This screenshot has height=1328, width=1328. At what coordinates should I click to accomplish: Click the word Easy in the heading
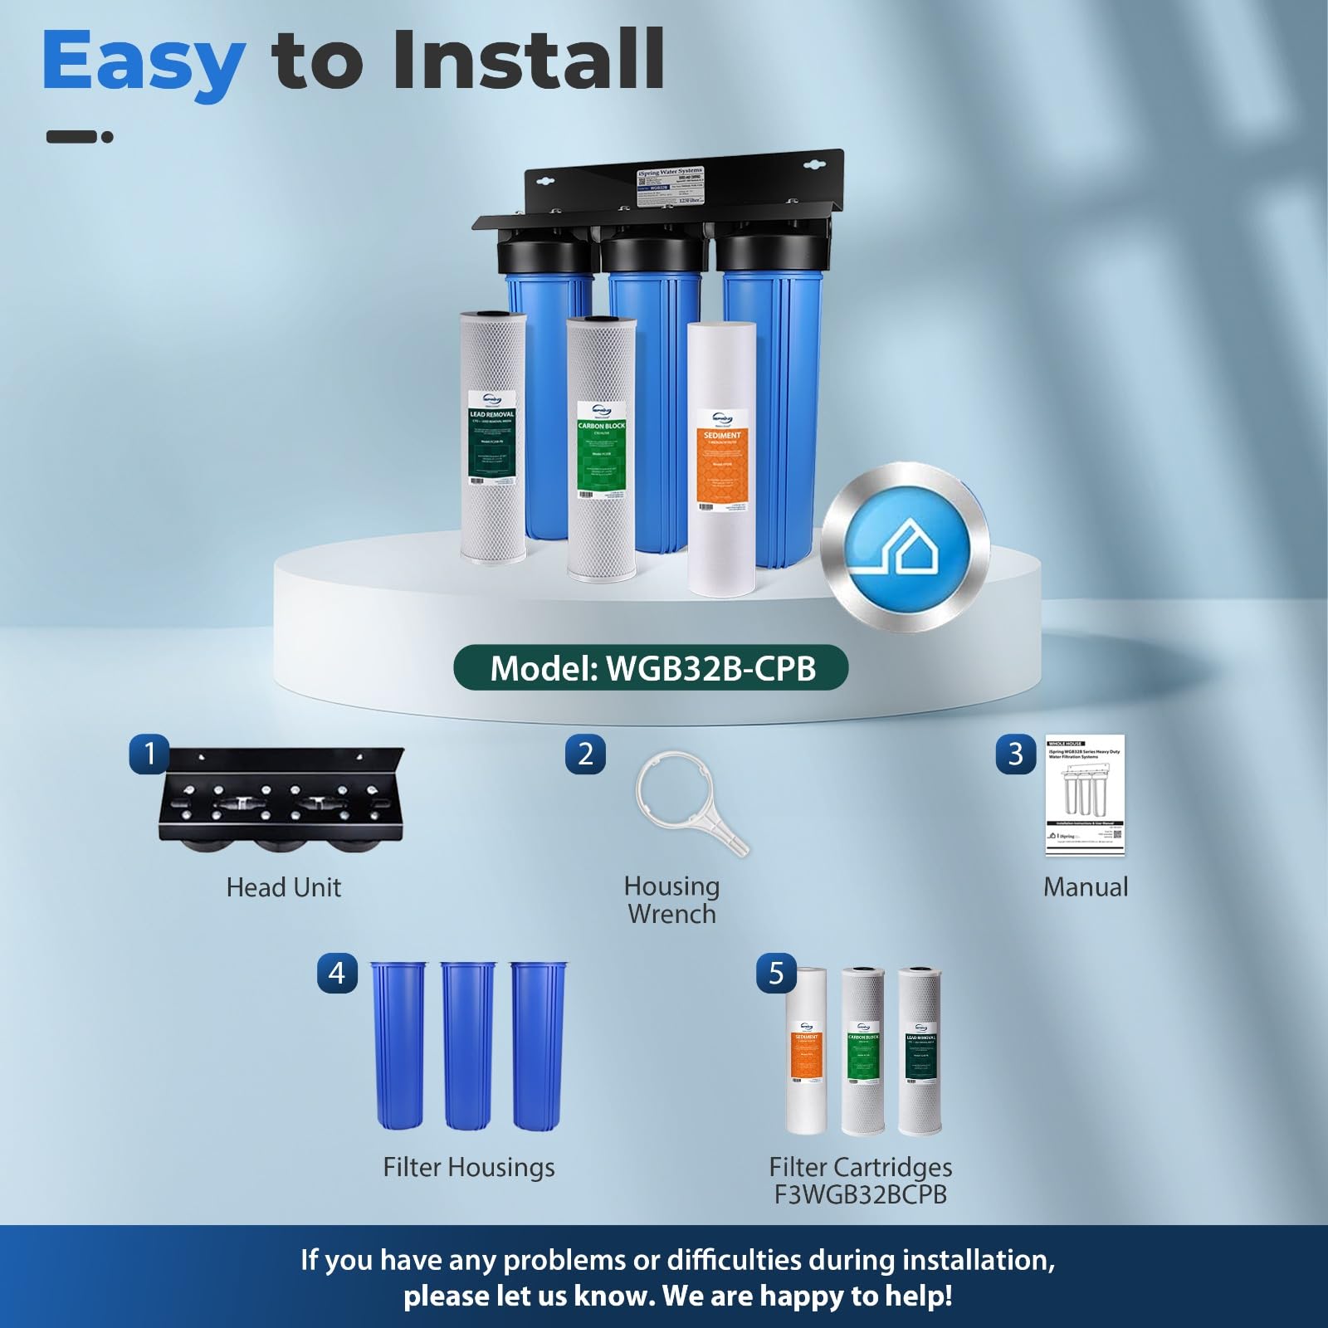tap(143, 62)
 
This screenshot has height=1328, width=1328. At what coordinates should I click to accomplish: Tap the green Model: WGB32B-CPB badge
tap(651, 668)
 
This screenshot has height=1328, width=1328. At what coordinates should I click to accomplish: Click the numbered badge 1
tap(149, 754)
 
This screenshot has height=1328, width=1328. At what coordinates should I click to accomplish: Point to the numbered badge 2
tap(585, 754)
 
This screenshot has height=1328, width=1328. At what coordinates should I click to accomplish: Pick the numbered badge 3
tap(1015, 754)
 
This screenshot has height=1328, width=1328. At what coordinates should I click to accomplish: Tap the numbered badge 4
tap(337, 973)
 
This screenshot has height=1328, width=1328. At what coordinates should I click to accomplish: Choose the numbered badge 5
tap(776, 973)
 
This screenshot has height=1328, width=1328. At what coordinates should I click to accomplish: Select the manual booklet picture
tap(1084, 795)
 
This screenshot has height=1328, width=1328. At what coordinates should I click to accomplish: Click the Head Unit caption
tap(284, 887)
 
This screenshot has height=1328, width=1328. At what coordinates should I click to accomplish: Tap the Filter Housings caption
tap(469, 1167)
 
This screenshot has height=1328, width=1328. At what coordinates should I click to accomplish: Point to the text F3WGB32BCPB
tap(860, 1194)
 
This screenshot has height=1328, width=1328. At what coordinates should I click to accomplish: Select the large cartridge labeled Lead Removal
tap(493, 440)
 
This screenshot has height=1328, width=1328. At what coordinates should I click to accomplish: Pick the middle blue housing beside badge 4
tap(468, 1046)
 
